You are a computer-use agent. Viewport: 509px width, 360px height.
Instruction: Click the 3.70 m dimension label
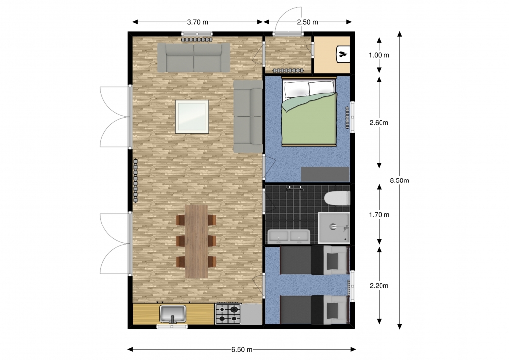point(197,22)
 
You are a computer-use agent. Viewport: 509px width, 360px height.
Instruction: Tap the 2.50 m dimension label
point(308,22)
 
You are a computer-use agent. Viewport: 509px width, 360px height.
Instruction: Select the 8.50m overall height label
point(400,180)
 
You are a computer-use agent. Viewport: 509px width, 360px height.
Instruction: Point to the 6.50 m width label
point(242,349)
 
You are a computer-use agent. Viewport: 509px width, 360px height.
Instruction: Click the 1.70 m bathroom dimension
point(379,215)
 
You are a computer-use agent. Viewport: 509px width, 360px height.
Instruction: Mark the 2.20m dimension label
point(379,286)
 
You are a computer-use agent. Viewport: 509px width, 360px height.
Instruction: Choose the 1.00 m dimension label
point(379,55)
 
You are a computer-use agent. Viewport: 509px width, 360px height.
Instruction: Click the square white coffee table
point(192,117)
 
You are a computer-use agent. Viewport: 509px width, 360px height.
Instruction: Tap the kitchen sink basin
point(172,314)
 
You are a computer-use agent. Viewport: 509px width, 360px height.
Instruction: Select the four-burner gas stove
point(228,314)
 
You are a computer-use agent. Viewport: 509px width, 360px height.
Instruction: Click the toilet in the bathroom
point(338,198)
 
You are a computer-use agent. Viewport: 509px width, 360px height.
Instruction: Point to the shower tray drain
point(333,226)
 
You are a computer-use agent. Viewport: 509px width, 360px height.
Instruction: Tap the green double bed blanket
point(309,119)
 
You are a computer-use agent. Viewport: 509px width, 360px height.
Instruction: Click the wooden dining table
point(196,241)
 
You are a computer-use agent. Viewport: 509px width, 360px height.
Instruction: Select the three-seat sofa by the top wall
point(194,57)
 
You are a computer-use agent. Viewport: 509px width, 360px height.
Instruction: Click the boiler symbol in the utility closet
point(343,54)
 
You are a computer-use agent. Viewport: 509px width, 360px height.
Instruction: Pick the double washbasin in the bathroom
point(289,236)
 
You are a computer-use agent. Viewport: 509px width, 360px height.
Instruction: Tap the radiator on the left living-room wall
point(135,180)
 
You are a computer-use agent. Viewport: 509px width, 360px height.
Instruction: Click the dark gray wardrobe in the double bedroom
point(325,175)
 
